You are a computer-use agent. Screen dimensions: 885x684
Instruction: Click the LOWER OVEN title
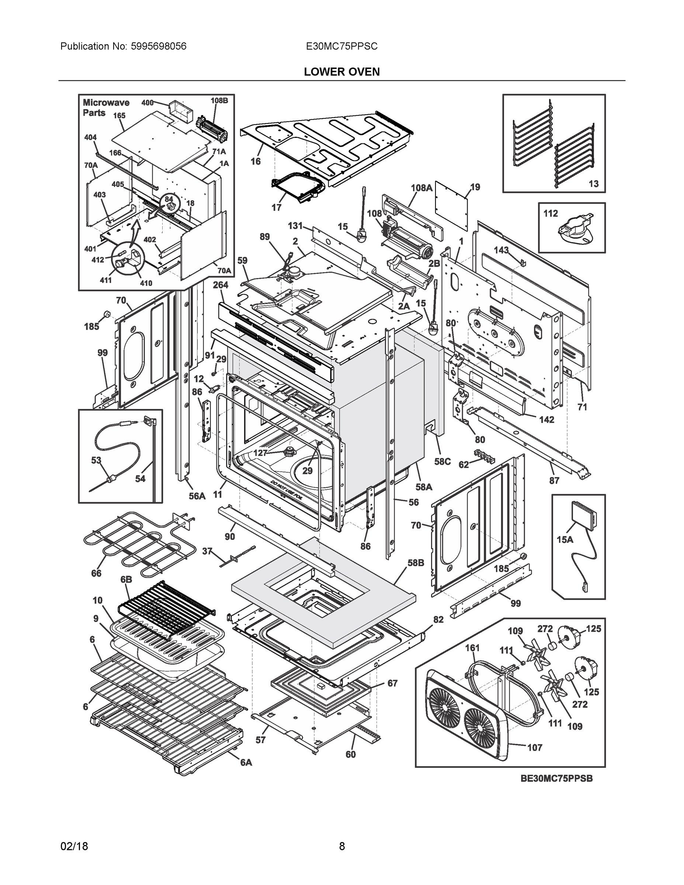[x=341, y=72]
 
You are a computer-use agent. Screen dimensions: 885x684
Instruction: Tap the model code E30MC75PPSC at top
[x=341, y=46]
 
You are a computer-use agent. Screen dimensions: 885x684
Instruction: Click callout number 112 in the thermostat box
[x=550, y=214]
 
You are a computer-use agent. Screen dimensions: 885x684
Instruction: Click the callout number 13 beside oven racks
[x=593, y=184]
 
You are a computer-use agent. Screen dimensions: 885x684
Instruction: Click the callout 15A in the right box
[x=565, y=539]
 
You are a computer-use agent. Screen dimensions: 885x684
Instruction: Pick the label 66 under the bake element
[x=96, y=573]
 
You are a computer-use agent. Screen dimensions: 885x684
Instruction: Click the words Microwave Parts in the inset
[x=106, y=108]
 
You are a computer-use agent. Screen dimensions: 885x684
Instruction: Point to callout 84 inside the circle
[x=169, y=199]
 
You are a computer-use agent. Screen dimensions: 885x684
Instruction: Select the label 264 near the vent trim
[x=221, y=285]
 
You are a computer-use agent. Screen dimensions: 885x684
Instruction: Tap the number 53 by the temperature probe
[x=96, y=460]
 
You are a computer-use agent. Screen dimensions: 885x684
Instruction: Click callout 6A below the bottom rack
[x=246, y=763]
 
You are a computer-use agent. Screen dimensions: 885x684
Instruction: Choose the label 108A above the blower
[x=421, y=188]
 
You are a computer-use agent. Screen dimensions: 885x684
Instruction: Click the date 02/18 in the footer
[x=74, y=847]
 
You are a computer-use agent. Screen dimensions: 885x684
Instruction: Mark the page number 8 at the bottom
[x=341, y=847]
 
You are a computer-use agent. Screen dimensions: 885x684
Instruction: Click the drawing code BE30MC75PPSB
[x=556, y=778]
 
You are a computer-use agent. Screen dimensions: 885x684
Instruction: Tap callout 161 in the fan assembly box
[x=472, y=648]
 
